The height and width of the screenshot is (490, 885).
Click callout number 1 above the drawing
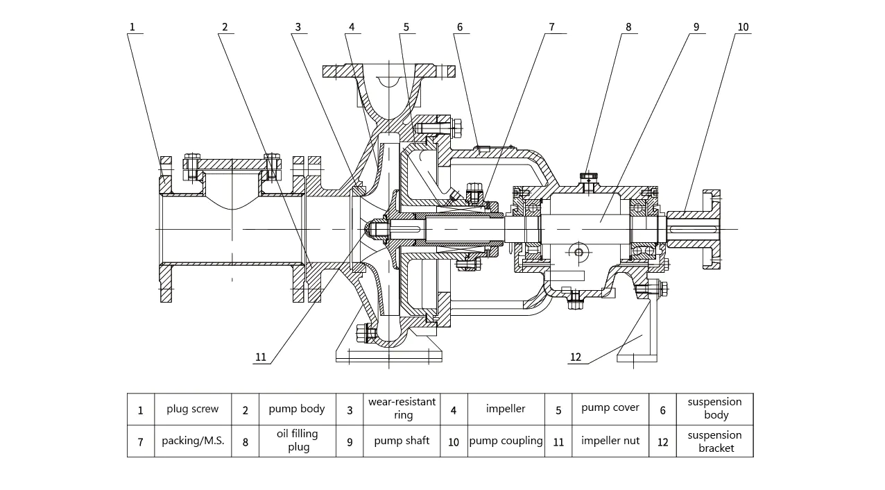(x=132, y=27)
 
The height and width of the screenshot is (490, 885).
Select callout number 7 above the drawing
(x=551, y=27)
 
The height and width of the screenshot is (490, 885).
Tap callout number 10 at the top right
(x=743, y=27)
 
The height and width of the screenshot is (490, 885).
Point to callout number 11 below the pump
(x=261, y=357)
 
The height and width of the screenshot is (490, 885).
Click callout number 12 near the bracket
(x=576, y=357)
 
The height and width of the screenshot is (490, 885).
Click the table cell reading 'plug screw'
(x=192, y=409)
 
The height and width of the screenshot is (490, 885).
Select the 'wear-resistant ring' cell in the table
(x=402, y=409)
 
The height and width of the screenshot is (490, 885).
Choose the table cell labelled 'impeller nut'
(x=610, y=441)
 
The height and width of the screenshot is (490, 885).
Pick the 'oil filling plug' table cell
(x=298, y=441)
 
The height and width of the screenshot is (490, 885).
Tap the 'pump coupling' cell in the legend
(x=506, y=441)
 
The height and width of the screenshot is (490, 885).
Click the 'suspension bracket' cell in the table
(x=714, y=441)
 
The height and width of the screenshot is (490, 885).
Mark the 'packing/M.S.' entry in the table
(x=193, y=441)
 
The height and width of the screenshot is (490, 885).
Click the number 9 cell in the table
(x=350, y=441)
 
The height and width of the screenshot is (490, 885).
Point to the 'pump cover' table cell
(x=610, y=408)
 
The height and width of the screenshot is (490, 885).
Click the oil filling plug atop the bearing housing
(x=589, y=180)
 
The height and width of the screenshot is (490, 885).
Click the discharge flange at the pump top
(x=389, y=71)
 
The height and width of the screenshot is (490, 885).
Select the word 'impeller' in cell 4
(x=506, y=409)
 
